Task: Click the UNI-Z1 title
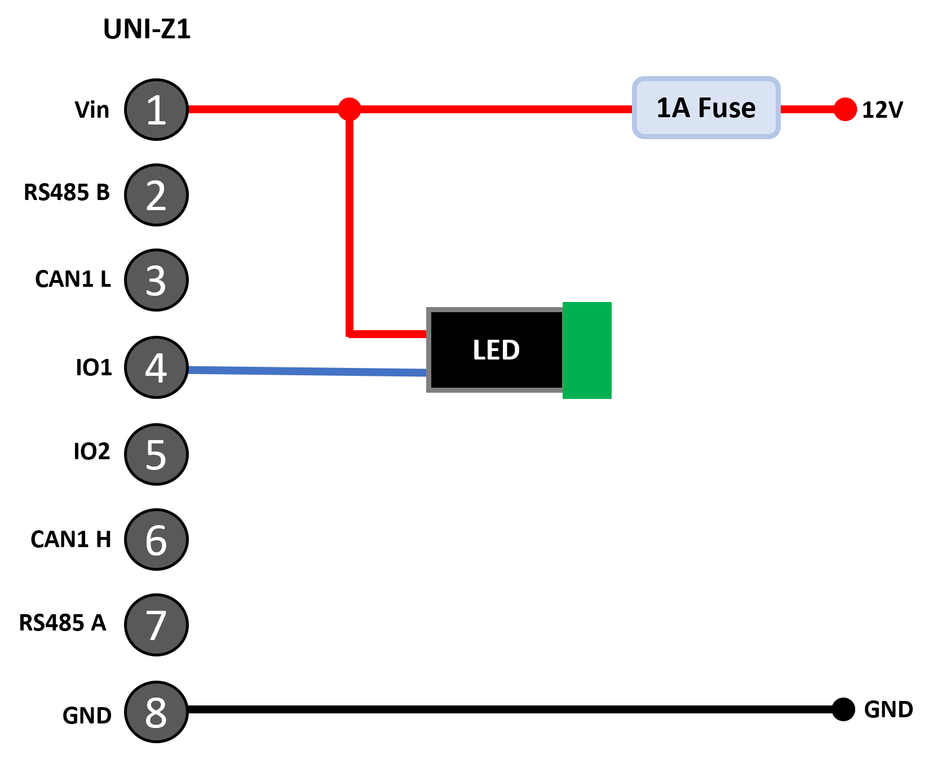point(147,29)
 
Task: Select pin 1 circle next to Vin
point(156,109)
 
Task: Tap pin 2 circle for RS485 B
point(156,195)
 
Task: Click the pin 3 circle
point(156,280)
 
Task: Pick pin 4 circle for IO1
point(156,367)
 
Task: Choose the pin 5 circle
point(156,454)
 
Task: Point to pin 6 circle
point(156,540)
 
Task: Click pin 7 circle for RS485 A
point(156,625)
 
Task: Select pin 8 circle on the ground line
point(156,712)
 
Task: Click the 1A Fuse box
point(706,108)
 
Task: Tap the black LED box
point(495,350)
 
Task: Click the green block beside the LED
point(587,350)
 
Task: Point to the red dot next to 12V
point(845,109)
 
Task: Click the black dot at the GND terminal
point(843,709)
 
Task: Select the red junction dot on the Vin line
point(350,109)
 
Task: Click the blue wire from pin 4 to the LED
point(307,371)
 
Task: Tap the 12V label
point(882,110)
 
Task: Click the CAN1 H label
point(71,539)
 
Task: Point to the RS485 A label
point(63,623)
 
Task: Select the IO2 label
point(92,451)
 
